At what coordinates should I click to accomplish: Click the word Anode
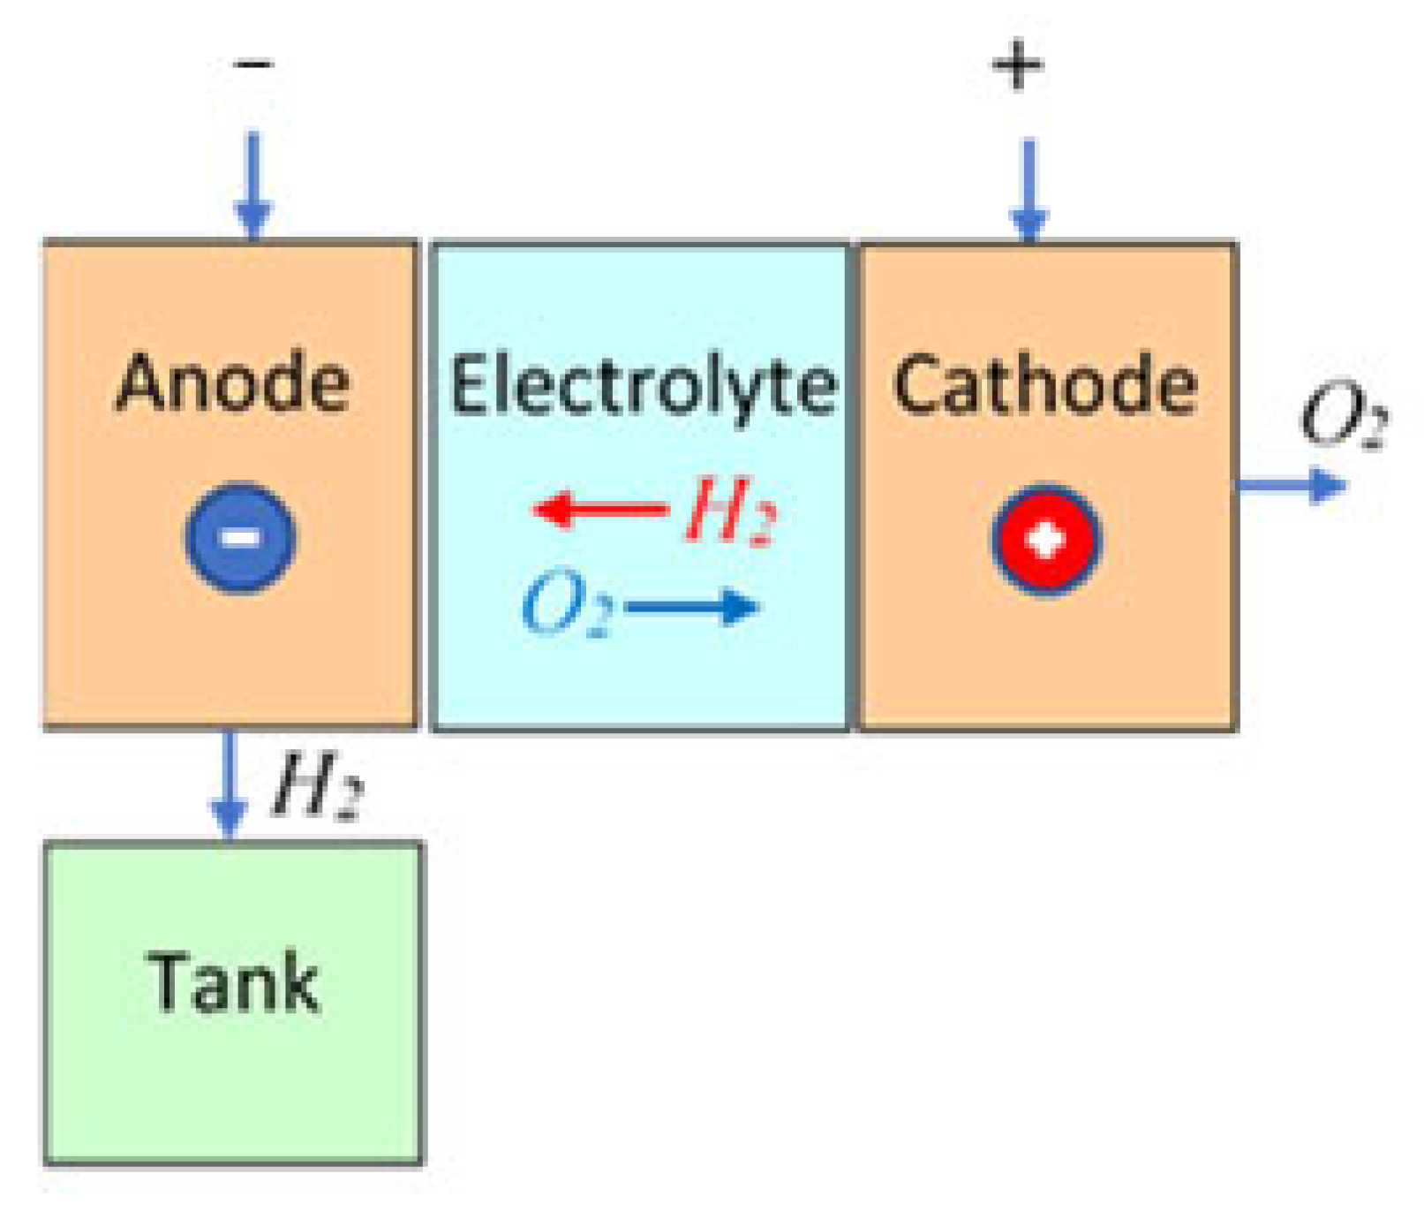[x=233, y=383]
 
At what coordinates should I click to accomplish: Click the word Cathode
[x=1045, y=385]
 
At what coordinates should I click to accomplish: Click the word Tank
[x=233, y=982]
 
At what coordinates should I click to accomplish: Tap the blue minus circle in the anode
[x=239, y=537]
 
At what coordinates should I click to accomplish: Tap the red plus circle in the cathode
[x=1046, y=539]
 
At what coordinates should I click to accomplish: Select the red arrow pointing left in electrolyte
[x=599, y=510]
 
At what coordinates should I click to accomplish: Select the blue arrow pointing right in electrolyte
[x=692, y=607]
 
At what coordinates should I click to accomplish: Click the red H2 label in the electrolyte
[x=730, y=511]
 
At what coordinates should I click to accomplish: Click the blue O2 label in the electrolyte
[x=566, y=604]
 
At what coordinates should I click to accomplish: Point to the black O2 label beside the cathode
[x=1343, y=415]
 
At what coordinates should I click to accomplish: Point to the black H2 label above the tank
[x=316, y=784]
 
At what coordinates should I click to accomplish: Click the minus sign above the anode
[x=253, y=64]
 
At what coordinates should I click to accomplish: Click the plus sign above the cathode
[x=1017, y=64]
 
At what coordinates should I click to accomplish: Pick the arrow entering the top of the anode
[x=253, y=186]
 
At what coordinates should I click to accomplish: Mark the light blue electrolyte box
[x=640, y=671]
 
